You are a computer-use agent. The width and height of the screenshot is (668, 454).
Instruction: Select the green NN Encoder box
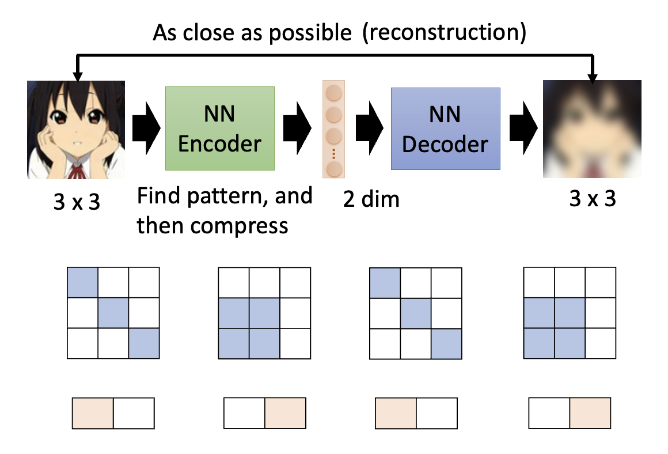(219, 128)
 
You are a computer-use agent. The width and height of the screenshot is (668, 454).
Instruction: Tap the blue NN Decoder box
(445, 128)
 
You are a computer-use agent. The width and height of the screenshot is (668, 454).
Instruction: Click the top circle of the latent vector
(335, 93)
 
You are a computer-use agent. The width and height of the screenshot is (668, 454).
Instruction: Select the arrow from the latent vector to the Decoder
(369, 128)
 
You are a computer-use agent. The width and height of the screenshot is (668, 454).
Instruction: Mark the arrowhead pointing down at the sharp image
(78, 75)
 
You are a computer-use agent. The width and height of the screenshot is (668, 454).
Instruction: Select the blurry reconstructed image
(592, 129)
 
